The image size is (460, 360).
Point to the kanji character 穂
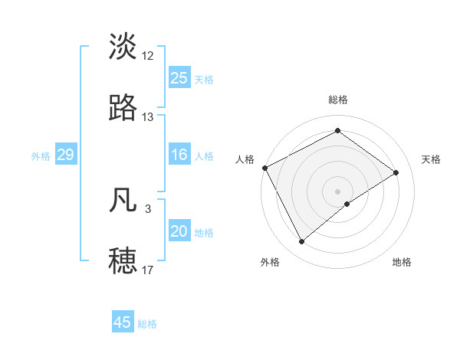pyautogui.click(x=123, y=260)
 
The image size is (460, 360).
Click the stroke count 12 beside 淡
pyautogui.click(x=148, y=55)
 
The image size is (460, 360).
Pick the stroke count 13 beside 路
pyautogui.click(x=148, y=117)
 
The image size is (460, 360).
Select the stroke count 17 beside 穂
pyautogui.click(x=148, y=270)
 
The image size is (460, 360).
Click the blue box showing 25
pyautogui.click(x=179, y=78)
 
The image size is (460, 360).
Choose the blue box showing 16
pyautogui.click(x=179, y=155)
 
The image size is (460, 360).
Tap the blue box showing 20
pyautogui.click(x=179, y=231)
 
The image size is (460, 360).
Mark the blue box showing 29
pyautogui.click(x=65, y=155)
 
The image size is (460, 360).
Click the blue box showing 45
pyautogui.click(x=122, y=322)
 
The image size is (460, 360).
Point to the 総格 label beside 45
pyautogui.click(x=147, y=324)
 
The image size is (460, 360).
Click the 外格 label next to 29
pyautogui.click(x=41, y=156)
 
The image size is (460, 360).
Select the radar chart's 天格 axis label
pyautogui.click(x=431, y=159)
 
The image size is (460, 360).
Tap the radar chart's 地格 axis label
pyautogui.click(x=402, y=262)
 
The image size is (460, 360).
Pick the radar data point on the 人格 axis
pyautogui.click(x=264, y=168)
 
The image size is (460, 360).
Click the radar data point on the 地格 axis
pyautogui.click(x=347, y=204)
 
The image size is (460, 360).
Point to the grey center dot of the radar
pyautogui.click(x=337, y=190)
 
